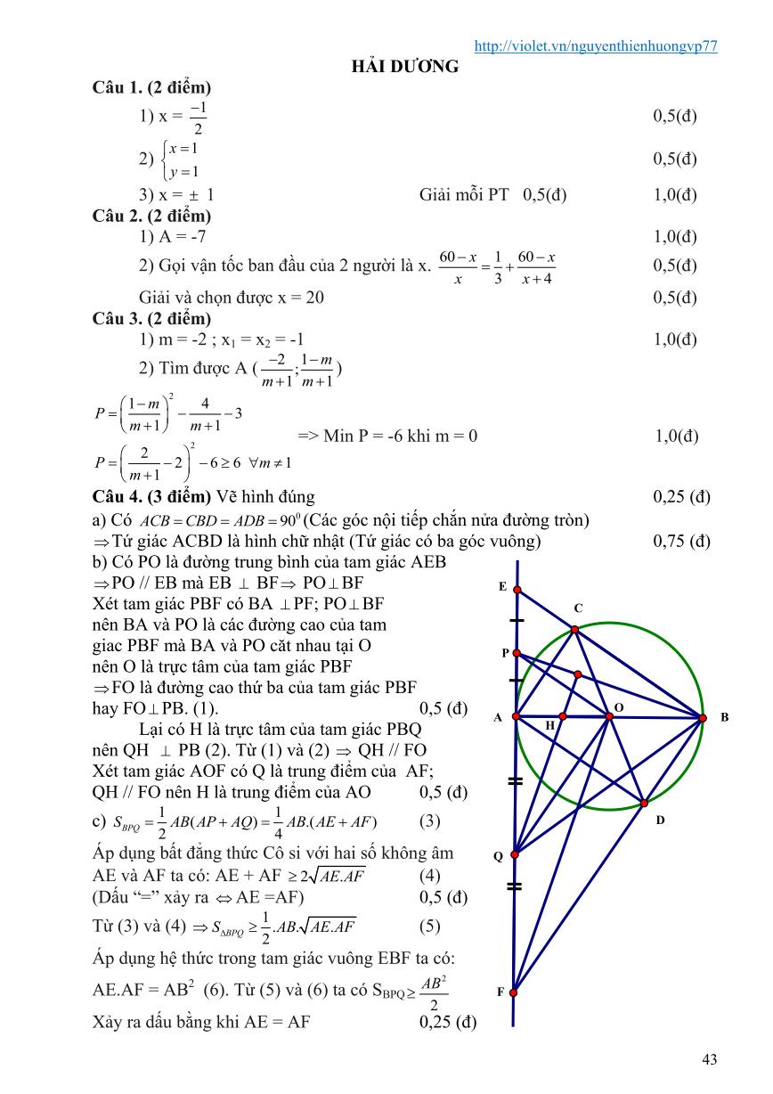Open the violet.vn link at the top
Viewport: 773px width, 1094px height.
coord(597,47)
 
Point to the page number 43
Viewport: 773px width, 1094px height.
coord(709,1059)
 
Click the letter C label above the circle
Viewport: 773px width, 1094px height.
coord(578,608)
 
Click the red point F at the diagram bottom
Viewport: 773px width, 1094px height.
coord(513,992)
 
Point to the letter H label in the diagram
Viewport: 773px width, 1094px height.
coord(550,726)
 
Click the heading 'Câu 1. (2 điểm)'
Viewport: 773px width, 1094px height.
coord(151,87)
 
